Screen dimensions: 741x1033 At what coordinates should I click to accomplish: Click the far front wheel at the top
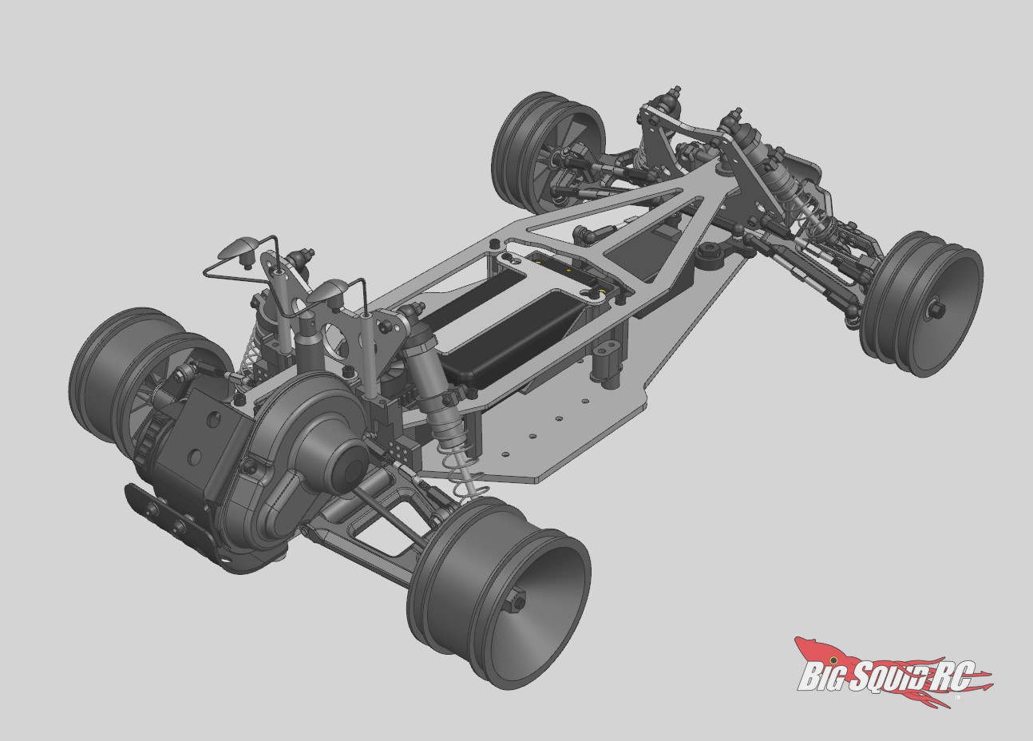tap(548, 147)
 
